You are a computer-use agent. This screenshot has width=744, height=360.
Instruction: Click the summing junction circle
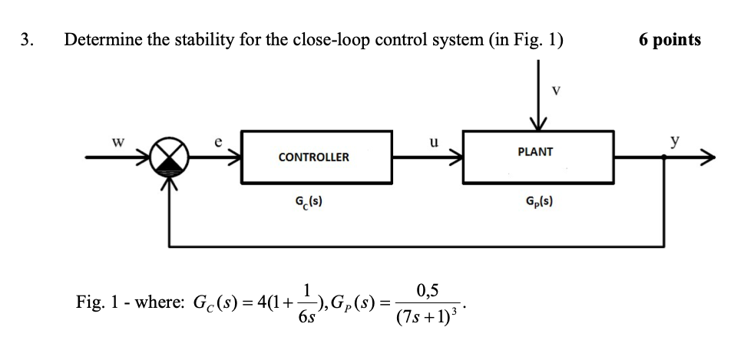click(x=167, y=158)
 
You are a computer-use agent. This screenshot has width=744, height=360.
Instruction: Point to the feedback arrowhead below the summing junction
click(x=167, y=181)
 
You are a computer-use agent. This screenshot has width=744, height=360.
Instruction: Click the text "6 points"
click(x=669, y=41)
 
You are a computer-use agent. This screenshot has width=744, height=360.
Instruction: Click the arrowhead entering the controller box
click(x=233, y=158)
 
